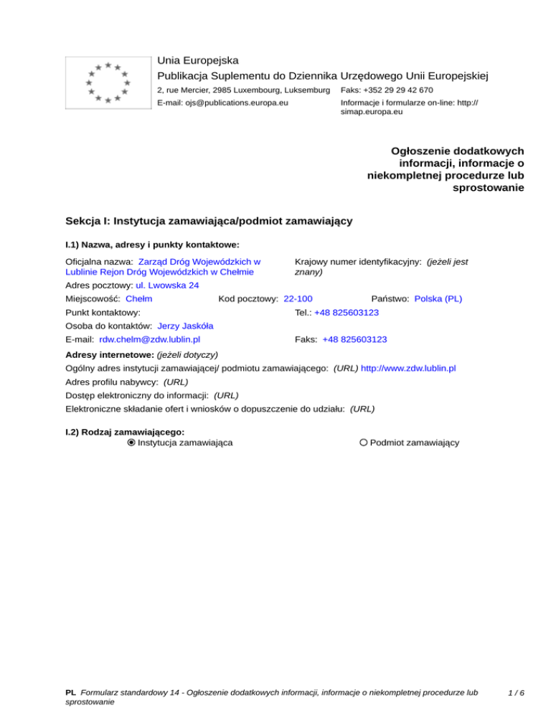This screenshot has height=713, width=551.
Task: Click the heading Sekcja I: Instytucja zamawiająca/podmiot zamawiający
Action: (208, 221)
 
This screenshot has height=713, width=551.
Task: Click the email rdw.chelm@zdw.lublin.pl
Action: (149, 340)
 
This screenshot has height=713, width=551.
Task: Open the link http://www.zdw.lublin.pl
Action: (408, 368)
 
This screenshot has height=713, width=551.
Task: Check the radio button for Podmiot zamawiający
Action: (364, 443)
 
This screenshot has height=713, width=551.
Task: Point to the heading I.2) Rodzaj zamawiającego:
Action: (125, 432)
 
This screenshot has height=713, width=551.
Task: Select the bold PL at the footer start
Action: (70, 694)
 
